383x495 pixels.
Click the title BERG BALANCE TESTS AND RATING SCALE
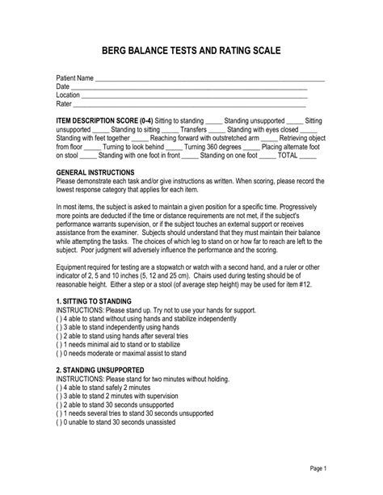click(191, 51)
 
